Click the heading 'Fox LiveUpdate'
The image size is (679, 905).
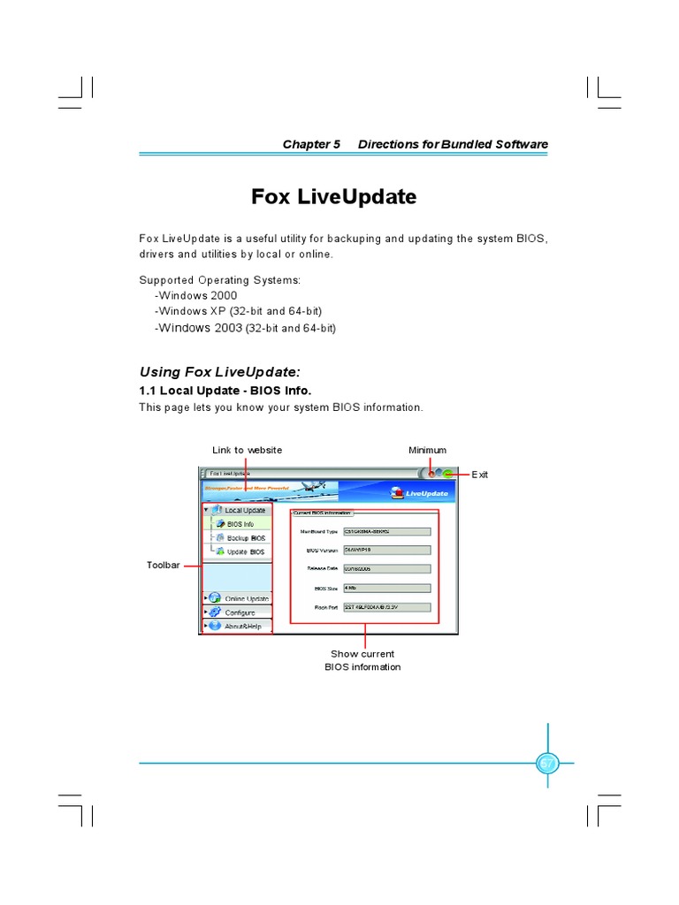click(x=333, y=197)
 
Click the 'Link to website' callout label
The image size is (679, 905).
click(x=247, y=450)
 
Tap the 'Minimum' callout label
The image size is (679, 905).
click(x=427, y=450)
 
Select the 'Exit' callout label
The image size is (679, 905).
click(x=479, y=475)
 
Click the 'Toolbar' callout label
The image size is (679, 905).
click(x=163, y=564)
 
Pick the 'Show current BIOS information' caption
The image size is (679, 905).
click(x=362, y=660)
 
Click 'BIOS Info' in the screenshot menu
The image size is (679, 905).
click(x=240, y=524)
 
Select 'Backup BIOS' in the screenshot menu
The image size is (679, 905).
click(x=245, y=537)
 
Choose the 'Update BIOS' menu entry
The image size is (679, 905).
click(x=245, y=551)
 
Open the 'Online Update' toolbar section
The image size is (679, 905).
click(x=246, y=598)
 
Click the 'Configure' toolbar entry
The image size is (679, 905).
click(x=240, y=612)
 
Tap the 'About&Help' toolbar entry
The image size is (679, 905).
click(x=242, y=626)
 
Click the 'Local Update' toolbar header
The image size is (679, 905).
click(x=244, y=510)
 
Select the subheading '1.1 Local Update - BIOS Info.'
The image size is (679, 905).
click(x=225, y=390)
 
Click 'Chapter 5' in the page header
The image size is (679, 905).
click(x=311, y=144)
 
